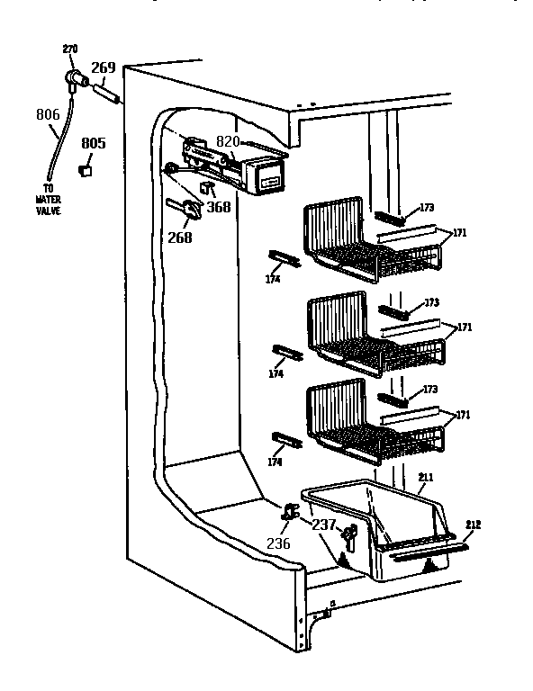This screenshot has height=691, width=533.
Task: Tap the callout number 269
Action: click(x=104, y=67)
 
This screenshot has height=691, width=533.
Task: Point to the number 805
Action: click(x=94, y=143)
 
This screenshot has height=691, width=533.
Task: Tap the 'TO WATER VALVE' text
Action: click(x=47, y=201)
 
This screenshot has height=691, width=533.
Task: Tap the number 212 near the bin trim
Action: click(x=474, y=525)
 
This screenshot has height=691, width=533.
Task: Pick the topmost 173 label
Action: click(x=427, y=208)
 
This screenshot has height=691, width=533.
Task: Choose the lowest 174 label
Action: click(x=275, y=462)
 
